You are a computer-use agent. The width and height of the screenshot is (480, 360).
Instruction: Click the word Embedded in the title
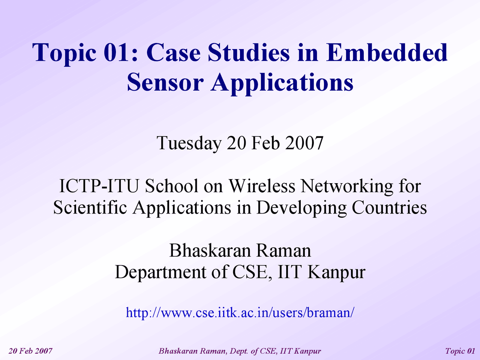(387, 52)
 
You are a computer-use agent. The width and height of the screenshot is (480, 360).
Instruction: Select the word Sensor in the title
(165, 82)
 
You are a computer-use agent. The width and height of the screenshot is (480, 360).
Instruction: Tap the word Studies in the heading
(249, 52)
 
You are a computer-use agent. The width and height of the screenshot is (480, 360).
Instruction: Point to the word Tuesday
(189, 143)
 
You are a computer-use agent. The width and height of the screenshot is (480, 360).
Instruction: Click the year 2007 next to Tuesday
(304, 143)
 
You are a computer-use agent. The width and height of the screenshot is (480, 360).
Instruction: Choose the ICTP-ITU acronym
(100, 186)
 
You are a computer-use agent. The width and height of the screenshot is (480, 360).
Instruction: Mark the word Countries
(389, 207)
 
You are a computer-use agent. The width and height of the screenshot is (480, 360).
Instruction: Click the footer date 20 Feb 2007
(30, 351)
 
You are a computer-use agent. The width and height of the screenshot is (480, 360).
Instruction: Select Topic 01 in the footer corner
(460, 351)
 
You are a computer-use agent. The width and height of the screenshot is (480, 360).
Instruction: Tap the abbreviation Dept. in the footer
(238, 351)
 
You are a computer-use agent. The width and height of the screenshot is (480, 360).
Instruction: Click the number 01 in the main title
(117, 52)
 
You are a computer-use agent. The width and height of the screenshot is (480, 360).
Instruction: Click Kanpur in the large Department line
(336, 272)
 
